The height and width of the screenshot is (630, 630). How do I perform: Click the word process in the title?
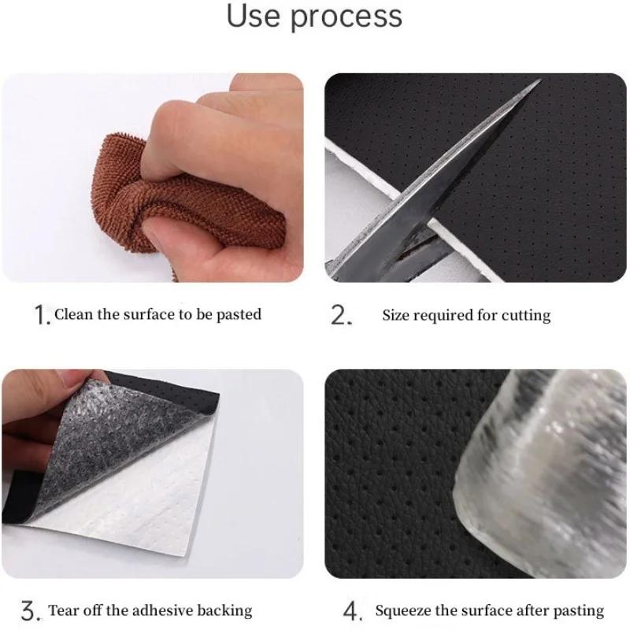(x=347, y=17)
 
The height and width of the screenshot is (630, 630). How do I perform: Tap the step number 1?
(x=42, y=316)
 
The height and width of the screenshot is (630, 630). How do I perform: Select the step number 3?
(x=29, y=610)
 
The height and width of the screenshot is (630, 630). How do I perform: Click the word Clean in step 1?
(x=73, y=314)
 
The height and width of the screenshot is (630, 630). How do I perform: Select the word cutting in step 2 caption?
(x=524, y=316)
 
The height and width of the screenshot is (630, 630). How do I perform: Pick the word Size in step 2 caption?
(x=396, y=316)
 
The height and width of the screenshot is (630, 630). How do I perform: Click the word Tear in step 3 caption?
(x=63, y=610)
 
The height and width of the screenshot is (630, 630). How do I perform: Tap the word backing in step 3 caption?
(x=227, y=610)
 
